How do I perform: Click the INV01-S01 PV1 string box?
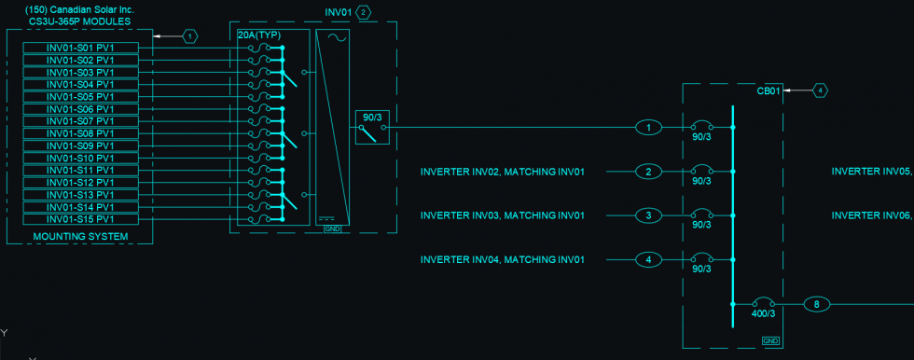(80, 48)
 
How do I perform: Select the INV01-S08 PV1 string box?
(80, 133)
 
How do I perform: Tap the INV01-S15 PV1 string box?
(80, 218)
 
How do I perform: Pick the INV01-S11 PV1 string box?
(80, 170)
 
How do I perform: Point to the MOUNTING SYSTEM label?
(79, 237)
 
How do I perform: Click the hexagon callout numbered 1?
(190, 36)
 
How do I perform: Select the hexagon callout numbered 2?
(363, 12)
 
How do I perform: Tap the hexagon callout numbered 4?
(820, 90)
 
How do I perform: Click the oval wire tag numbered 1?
(648, 127)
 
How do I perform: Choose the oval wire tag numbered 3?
(648, 216)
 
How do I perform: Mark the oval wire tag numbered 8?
(816, 304)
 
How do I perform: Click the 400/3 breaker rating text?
(764, 314)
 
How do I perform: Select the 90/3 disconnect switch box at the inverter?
(372, 127)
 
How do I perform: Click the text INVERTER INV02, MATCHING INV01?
(502, 172)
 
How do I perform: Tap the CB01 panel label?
(768, 91)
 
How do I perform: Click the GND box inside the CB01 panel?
(770, 341)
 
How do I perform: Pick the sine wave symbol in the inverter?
(334, 38)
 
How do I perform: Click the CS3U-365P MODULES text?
(79, 21)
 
